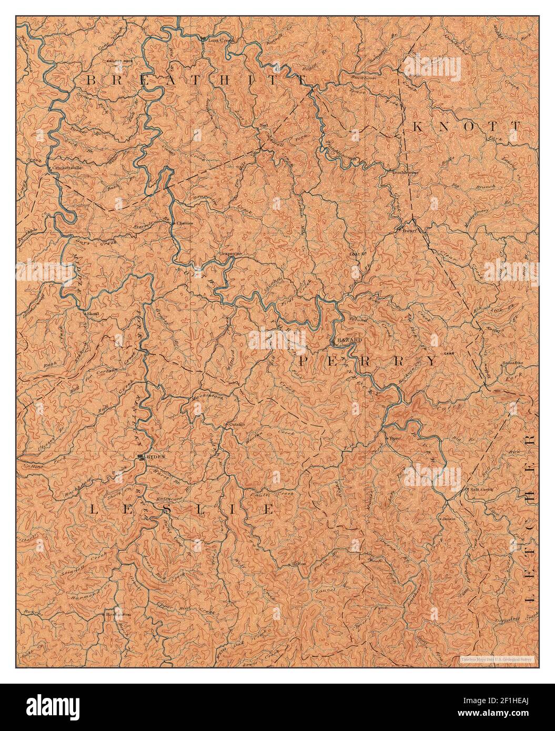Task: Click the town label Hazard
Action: tap(350, 340)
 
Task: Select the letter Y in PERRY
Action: tap(431, 361)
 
